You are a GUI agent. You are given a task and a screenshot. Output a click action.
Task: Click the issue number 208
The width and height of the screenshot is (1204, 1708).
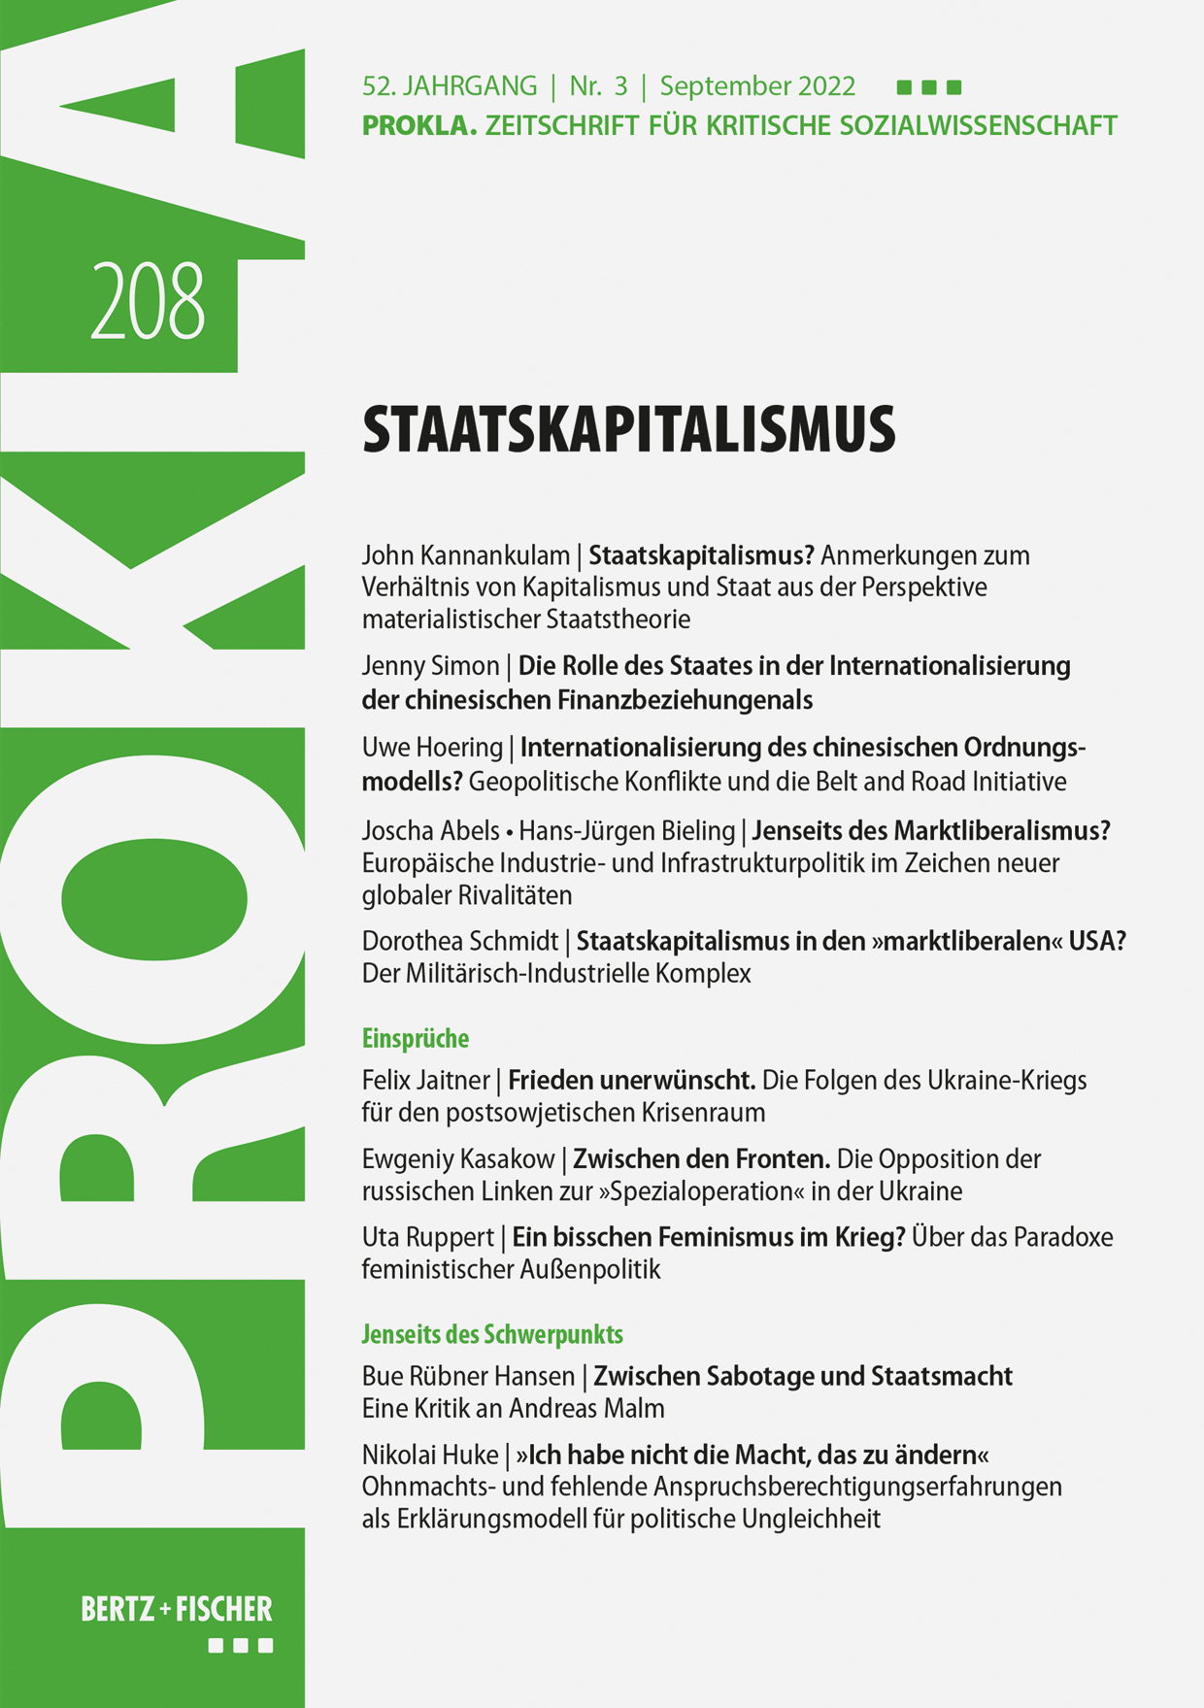click(x=148, y=302)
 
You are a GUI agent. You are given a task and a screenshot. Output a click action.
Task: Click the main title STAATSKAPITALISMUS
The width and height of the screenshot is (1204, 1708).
click(x=628, y=430)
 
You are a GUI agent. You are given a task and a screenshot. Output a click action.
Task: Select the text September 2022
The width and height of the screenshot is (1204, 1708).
click(x=757, y=86)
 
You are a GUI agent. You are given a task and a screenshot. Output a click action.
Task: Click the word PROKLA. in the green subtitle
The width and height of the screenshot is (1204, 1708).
click(x=419, y=126)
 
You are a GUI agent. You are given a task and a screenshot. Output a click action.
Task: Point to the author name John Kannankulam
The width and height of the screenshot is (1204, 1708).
click(x=465, y=555)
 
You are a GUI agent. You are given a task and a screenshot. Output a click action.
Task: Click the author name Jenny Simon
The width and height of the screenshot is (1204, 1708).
click(x=430, y=666)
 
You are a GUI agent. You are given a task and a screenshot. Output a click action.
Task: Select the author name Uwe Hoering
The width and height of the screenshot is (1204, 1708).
click(x=432, y=748)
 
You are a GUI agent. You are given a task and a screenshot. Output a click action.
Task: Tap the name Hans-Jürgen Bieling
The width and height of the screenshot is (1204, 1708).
click(x=627, y=831)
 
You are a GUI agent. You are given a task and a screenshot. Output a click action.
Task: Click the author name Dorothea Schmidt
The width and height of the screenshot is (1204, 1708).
click(x=459, y=941)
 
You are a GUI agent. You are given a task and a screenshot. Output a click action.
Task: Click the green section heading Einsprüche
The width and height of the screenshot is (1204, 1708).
click(x=415, y=1039)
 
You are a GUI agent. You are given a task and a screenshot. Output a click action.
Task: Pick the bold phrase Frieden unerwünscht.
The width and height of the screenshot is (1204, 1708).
click(x=631, y=1080)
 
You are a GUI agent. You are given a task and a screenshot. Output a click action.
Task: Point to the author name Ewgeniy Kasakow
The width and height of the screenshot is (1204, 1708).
click(x=457, y=1158)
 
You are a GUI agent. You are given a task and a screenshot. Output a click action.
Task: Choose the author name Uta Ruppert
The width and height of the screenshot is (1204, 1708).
click(x=427, y=1237)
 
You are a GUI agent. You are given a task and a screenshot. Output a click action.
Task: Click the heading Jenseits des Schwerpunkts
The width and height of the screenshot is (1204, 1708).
click(x=491, y=1334)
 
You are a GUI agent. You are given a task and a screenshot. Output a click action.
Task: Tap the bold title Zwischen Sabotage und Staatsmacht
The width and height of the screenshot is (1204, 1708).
click(x=802, y=1376)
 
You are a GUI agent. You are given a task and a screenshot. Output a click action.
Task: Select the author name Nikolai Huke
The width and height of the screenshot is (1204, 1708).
click(x=429, y=1455)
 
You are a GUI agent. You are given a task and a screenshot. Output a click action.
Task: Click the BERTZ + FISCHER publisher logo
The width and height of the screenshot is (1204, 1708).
click(x=177, y=1610)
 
